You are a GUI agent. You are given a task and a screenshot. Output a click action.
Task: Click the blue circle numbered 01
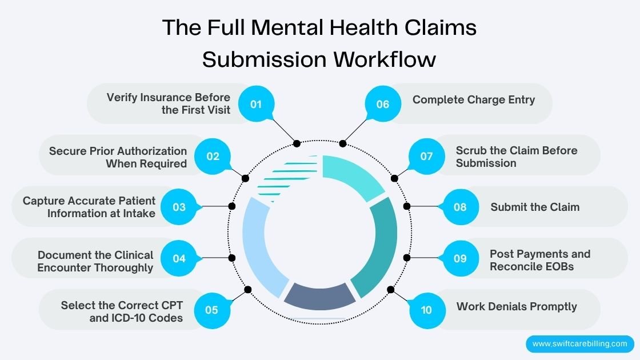(255, 104)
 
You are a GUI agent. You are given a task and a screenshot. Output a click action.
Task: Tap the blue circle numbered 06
(383, 104)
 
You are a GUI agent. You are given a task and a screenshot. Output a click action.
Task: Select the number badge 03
(179, 207)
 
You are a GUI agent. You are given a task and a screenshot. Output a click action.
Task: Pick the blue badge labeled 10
(426, 310)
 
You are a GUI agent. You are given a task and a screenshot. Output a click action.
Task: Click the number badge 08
(460, 207)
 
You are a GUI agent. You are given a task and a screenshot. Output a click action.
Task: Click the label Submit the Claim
(535, 207)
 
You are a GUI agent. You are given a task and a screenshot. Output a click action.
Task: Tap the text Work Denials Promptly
(517, 307)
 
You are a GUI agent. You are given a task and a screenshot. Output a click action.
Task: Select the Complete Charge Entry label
(474, 100)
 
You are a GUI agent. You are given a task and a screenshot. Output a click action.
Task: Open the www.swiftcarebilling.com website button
(579, 344)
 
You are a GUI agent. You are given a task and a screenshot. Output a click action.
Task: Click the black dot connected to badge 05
(248, 290)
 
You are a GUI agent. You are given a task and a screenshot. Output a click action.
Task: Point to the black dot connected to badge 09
(407, 258)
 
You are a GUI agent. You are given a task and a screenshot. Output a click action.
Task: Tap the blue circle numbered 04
(179, 258)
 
